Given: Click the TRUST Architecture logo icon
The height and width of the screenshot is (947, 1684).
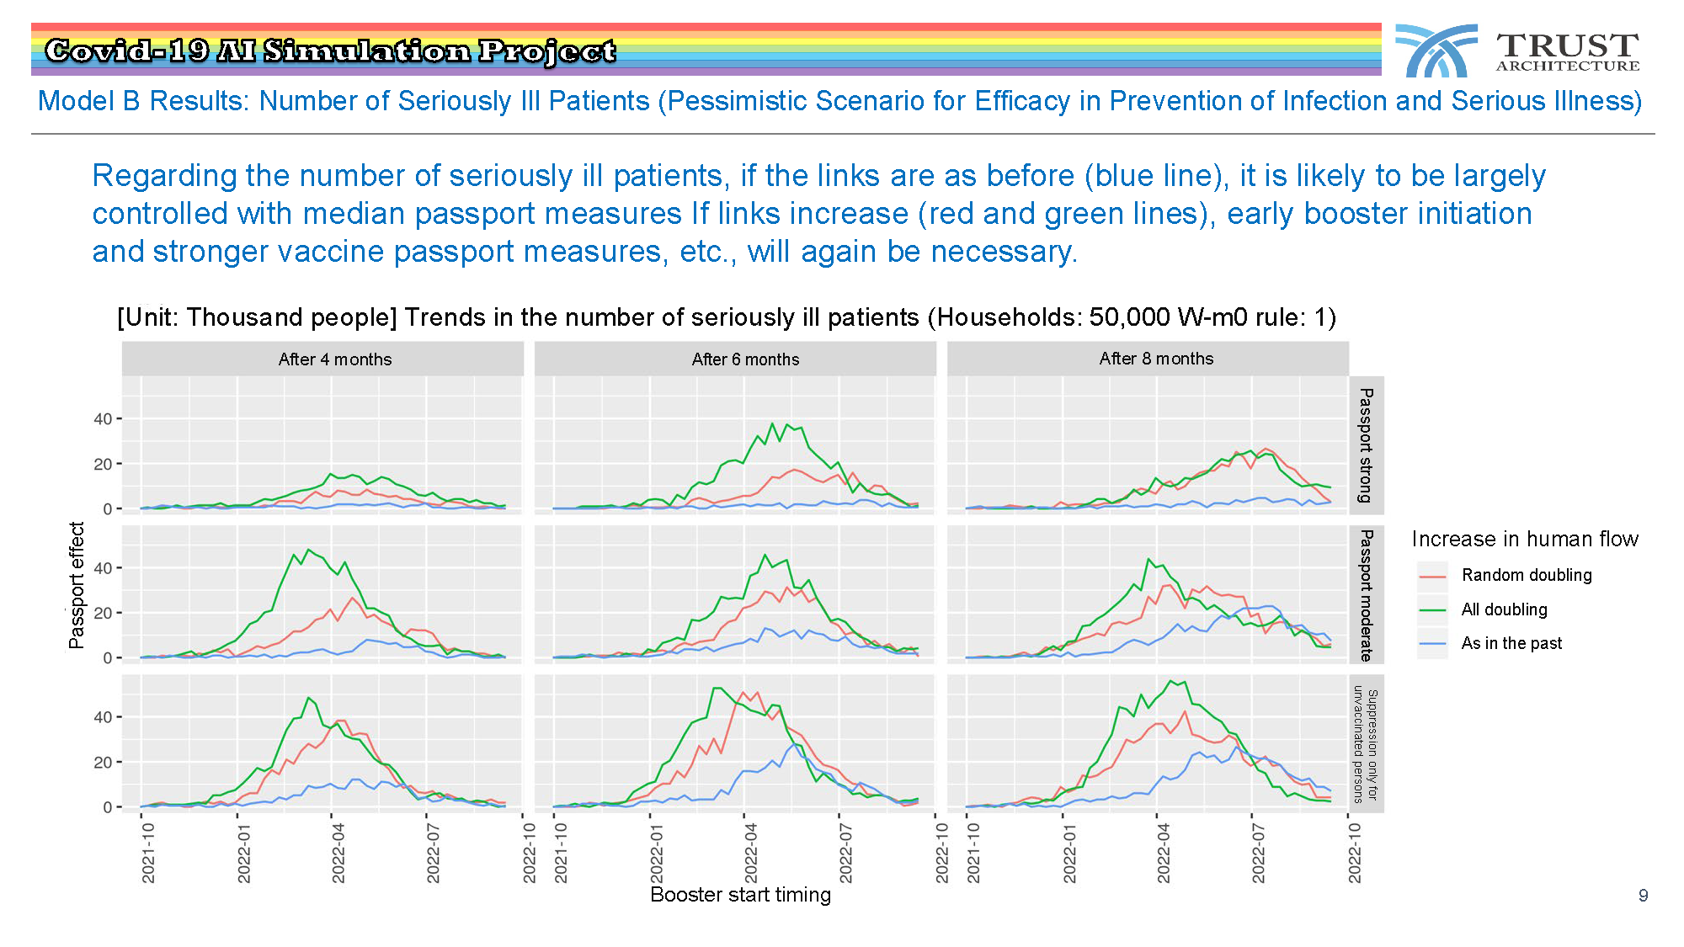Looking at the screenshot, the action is [x=1436, y=51].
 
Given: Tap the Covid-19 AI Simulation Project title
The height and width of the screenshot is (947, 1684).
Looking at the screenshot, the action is [x=330, y=51].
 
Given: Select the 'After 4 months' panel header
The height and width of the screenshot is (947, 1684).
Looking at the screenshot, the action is [x=335, y=359].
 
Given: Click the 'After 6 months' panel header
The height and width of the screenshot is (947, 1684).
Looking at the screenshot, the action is [x=746, y=359].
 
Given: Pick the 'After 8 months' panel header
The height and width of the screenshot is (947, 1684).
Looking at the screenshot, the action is [x=1156, y=359].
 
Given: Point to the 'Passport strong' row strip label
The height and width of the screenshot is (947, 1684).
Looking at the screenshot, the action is [x=1367, y=445].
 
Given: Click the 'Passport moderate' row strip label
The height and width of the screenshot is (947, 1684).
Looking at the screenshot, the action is [x=1367, y=594].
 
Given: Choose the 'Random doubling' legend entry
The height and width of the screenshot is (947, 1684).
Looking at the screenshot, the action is [x=1505, y=575].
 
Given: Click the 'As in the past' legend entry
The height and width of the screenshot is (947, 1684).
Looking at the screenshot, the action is [x=1489, y=643].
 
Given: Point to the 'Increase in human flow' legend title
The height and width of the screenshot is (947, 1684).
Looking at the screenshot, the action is [x=1525, y=539].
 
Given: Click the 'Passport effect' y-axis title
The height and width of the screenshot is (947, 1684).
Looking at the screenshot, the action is [x=77, y=585].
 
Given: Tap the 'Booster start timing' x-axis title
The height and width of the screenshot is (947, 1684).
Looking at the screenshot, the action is [x=741, y=894].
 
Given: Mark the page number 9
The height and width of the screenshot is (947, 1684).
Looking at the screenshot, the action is [x=1643, y=896].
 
